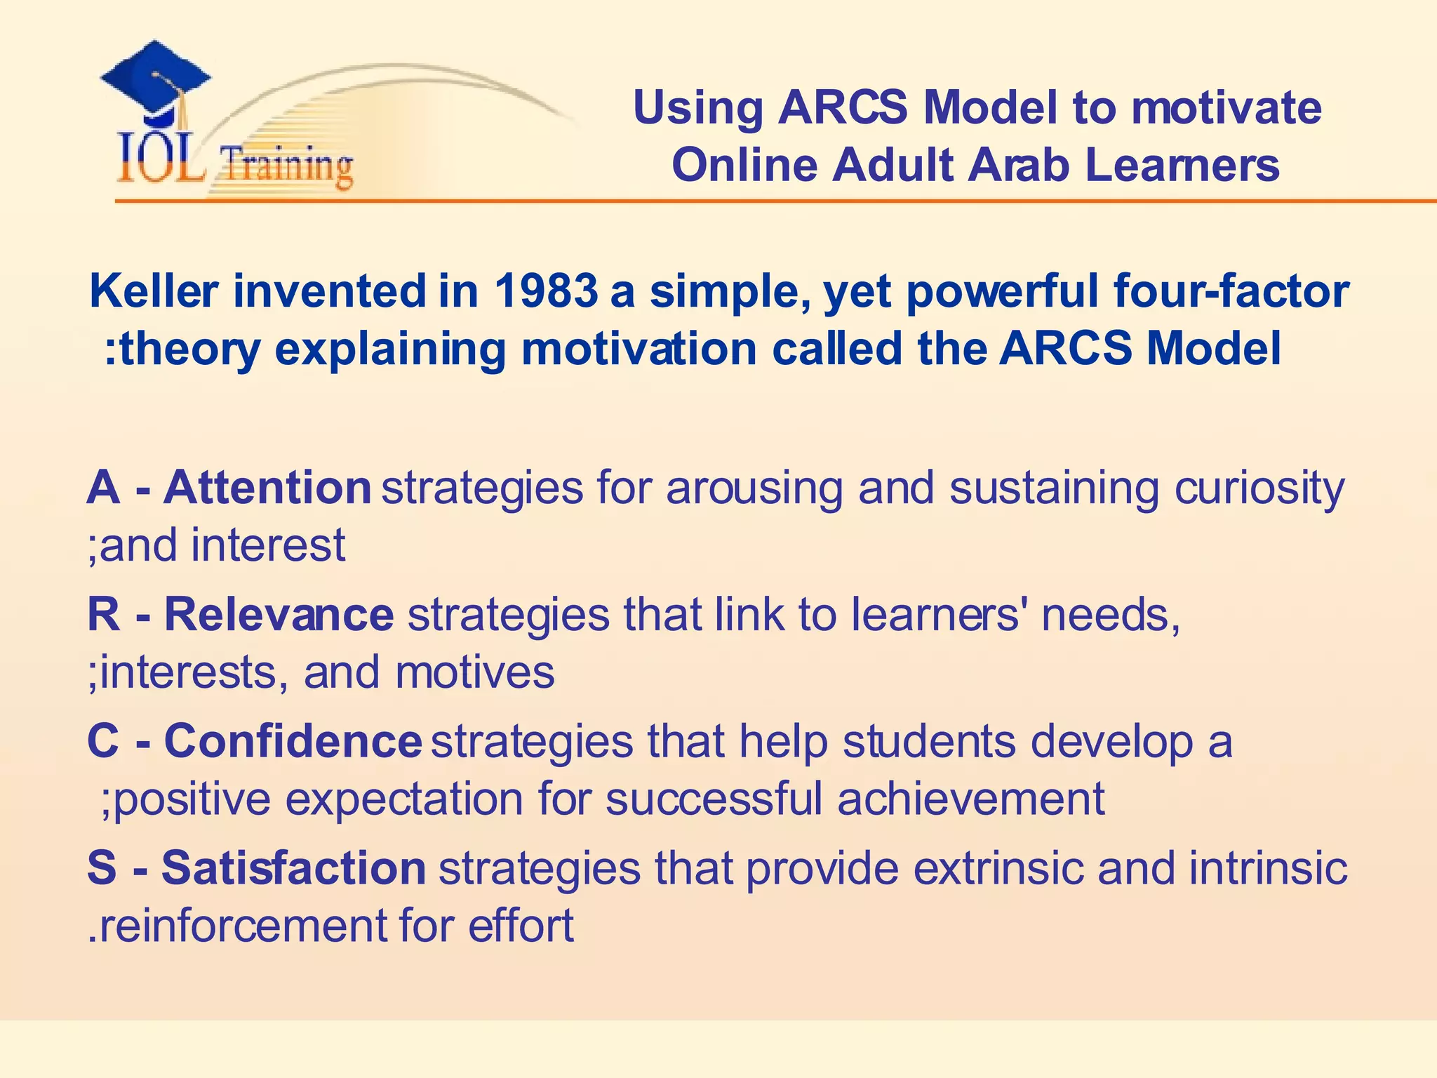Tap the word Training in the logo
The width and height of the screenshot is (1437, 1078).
[286, 166]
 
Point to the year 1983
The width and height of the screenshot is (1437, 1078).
[545, 291]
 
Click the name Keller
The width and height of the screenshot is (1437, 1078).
[154, 291]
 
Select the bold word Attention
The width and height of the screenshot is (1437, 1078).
[267, 487]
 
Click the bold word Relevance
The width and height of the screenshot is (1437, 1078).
[279, 614]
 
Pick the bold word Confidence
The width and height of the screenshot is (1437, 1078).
[293, 741]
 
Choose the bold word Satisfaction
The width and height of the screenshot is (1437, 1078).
[293, 868]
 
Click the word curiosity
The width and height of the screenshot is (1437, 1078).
[1259, 488]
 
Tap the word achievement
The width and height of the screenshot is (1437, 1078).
[971, 799]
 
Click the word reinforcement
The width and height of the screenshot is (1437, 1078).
[239, 926]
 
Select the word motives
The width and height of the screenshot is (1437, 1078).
[475, 672]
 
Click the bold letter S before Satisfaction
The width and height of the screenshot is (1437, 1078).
[102, 868]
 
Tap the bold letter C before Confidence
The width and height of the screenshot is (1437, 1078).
[103, 741]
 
